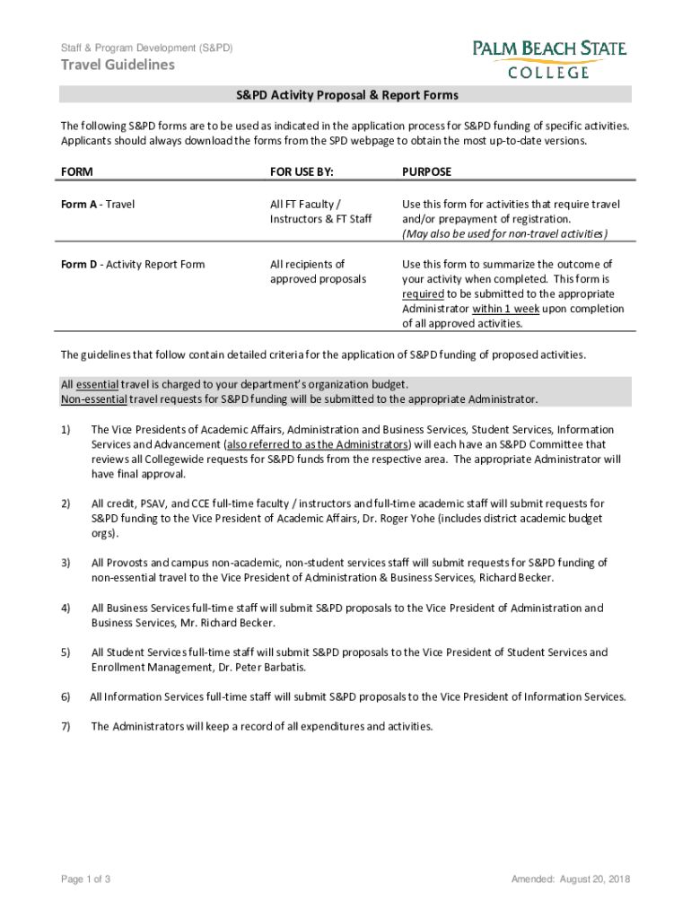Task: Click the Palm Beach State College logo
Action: click(x=549, y=58)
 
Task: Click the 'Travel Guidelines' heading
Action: click(x=118, y=65)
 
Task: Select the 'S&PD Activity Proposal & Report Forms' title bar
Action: click(x=345, y=95)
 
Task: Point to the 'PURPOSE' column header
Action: click(x=427, y=171)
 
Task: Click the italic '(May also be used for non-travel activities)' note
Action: click(x=505, y=234)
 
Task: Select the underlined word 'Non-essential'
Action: click(x=93, y=398)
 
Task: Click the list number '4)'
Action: click(x=66, y=608)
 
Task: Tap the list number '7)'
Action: click(x=66, y=726)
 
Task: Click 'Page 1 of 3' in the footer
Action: click(x=85, y=879)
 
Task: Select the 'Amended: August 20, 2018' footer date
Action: click(x=571, y=879)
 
